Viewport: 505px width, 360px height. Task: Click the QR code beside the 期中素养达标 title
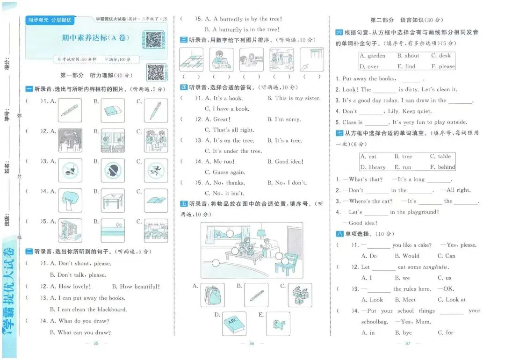pyautogui.click(x=153, y=40)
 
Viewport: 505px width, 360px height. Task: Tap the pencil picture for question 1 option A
pyautogui.click(x=70, y=110)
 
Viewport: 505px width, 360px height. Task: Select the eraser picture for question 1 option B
pyautogui.click(x=113, y=110)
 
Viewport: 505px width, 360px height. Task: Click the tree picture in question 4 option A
pyautogui.click(x=70, y=201)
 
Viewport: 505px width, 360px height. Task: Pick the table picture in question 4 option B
pyautogui.click(x=113, y=201)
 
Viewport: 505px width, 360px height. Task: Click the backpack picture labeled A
pyautogui.click(x=212, y=295)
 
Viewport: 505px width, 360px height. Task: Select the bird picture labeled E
pyautogui.click(x=278, y=324)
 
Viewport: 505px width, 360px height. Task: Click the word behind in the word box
pyautogui.click(x=446, y=167)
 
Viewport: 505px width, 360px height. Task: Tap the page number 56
pyautogui.click(x=251, y=344)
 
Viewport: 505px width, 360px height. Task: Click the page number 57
pyautogui.click(x=407, y=344)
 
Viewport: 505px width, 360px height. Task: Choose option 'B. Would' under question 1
pyautogui.click(x=407, y=256)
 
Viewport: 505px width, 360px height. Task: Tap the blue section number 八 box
pyautogui.click(x=339, y=234)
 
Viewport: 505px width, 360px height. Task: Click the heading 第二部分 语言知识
pyautogui.click(x=406, y=20)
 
